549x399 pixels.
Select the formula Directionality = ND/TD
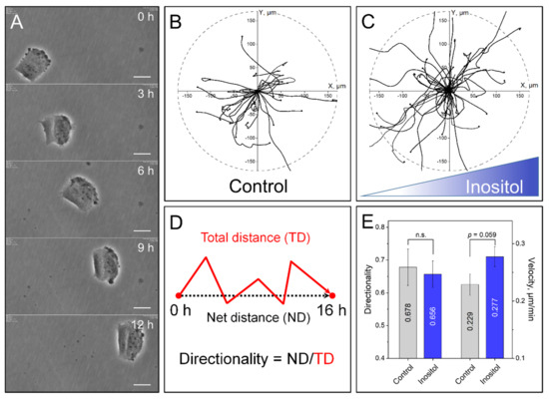(x=258, y=357)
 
